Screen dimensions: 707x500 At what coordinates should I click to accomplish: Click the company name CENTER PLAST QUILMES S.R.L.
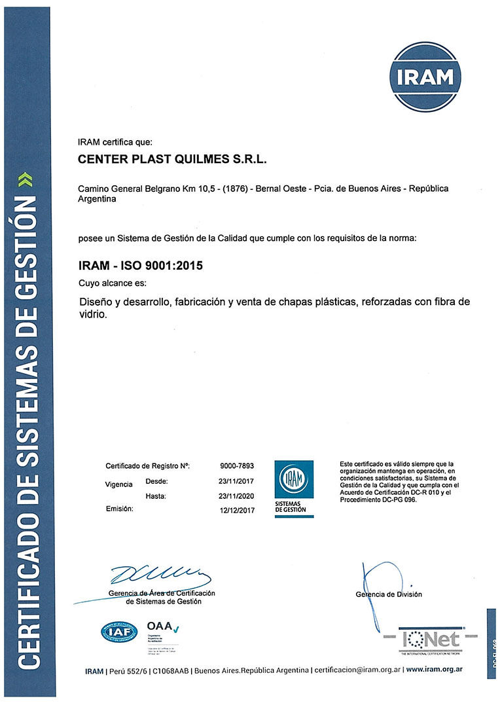coord(173,159)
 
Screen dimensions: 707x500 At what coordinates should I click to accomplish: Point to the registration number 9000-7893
coord(237,466)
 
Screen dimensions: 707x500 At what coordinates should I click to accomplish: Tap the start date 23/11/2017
coord(237,481)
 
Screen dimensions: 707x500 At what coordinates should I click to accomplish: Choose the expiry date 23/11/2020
coord(237,496)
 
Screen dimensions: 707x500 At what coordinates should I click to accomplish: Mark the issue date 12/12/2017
coord(237,510)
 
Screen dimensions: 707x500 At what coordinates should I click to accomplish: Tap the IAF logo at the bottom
coord(119,632)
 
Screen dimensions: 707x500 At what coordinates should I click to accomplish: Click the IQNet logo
coord(431,639)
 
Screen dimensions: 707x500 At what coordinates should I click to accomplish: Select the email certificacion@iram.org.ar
coord(357,670)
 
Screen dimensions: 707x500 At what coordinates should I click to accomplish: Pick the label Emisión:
coord(119,509)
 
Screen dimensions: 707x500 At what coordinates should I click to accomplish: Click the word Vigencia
coord(119,485)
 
